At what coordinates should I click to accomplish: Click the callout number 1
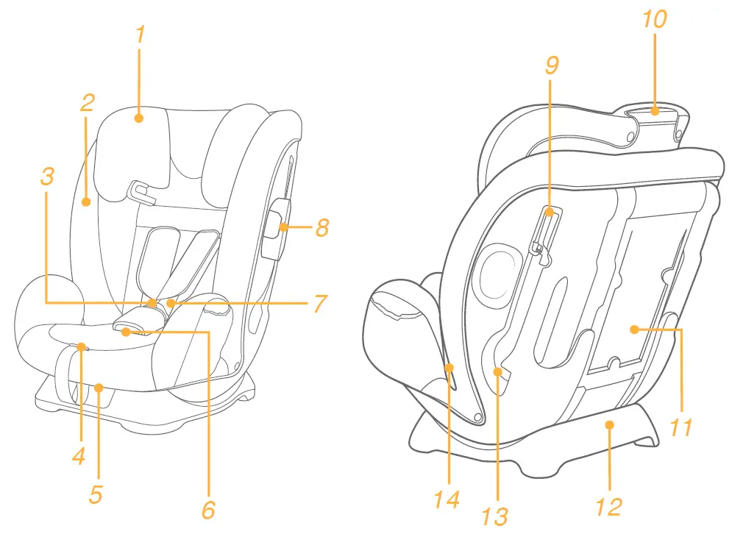pos(141,35)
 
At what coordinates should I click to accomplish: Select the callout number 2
pos(87,102)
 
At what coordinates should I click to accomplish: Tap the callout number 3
pos(47,176)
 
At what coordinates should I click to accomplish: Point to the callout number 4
pos(79,455)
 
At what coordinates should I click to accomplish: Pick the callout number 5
pos(96,494)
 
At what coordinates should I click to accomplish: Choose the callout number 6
pos(208,508)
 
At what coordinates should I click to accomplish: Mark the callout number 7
pos(319,303)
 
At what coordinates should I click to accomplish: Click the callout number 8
pos(321,228)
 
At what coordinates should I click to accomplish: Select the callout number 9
pos(552,65)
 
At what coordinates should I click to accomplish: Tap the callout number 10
pos(654,19)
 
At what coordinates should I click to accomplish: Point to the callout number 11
pos(681,427)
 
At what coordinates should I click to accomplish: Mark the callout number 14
pos(447,499)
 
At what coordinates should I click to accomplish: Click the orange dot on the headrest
pos(140,117)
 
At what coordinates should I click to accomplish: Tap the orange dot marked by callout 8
pos(283,228)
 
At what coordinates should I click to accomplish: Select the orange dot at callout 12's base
pos(608,424)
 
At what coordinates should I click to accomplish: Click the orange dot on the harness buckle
pos(126,332)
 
